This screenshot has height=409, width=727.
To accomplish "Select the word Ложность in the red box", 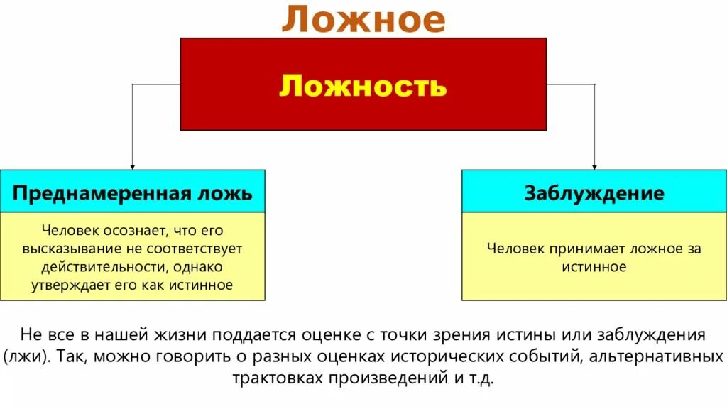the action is click(x=363, y=85).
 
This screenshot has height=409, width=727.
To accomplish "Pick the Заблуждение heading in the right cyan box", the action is click(x=594, y=193).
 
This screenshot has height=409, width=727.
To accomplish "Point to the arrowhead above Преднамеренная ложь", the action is click(x=132, y=165).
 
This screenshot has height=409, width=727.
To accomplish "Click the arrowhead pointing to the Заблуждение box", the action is click(x=594, y=165).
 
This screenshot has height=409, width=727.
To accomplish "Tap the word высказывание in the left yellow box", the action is click(x=66, y=249).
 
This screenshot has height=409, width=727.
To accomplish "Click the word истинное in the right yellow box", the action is click(x=594, y=267).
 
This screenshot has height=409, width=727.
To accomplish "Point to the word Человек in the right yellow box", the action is click(x=516, y=249).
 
